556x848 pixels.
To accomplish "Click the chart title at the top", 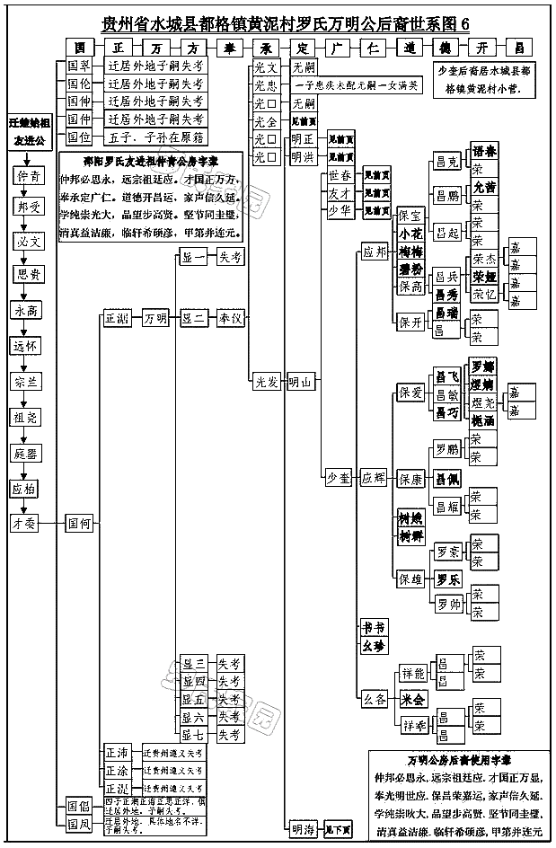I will [x=286, y=23].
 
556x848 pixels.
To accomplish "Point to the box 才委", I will [x=25, y=522].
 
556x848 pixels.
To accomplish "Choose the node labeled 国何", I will [x=79, y=522].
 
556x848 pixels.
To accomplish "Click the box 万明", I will [x=155, y=318].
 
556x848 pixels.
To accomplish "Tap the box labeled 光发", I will [x=266, y=383].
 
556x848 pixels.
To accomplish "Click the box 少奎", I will [x=338, y=479].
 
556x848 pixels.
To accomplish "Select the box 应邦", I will [x=376, y=252].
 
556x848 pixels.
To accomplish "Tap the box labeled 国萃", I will [x=80, y=66].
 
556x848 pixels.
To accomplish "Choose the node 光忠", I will [x=266, y=85].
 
